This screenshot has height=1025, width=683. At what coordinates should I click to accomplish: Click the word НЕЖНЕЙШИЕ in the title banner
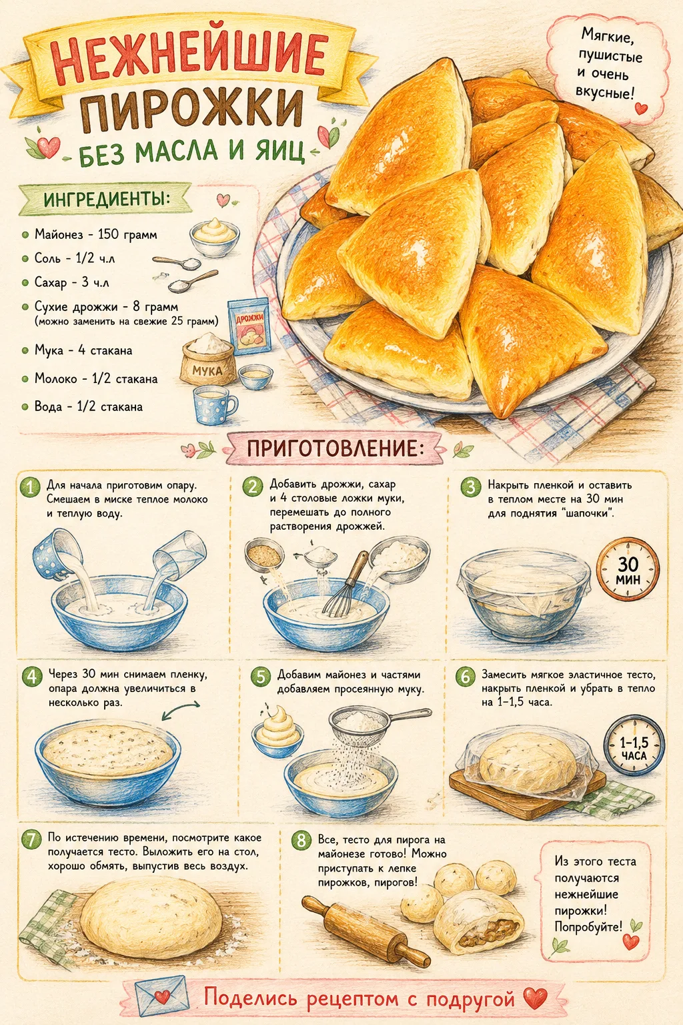click(189, 58)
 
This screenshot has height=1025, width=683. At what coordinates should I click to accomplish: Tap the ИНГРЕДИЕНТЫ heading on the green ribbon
click(106, 200)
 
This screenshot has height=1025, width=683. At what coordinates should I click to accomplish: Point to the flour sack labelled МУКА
click(208, 358)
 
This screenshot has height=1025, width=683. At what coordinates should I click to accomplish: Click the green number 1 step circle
click(31, 487)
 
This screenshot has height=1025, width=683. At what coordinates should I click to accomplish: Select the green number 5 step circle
click(261, 677)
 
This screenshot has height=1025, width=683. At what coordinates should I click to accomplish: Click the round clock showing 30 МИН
click(628, 570)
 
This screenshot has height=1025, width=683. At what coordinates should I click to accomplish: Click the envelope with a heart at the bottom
click(162, 996)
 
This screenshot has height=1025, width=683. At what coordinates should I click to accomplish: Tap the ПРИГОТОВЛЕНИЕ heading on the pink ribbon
click(333, 448)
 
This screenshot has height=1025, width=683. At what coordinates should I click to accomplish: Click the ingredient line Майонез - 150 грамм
click(96, 235)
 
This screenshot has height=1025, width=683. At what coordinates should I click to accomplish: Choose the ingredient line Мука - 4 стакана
click(83, 350)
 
